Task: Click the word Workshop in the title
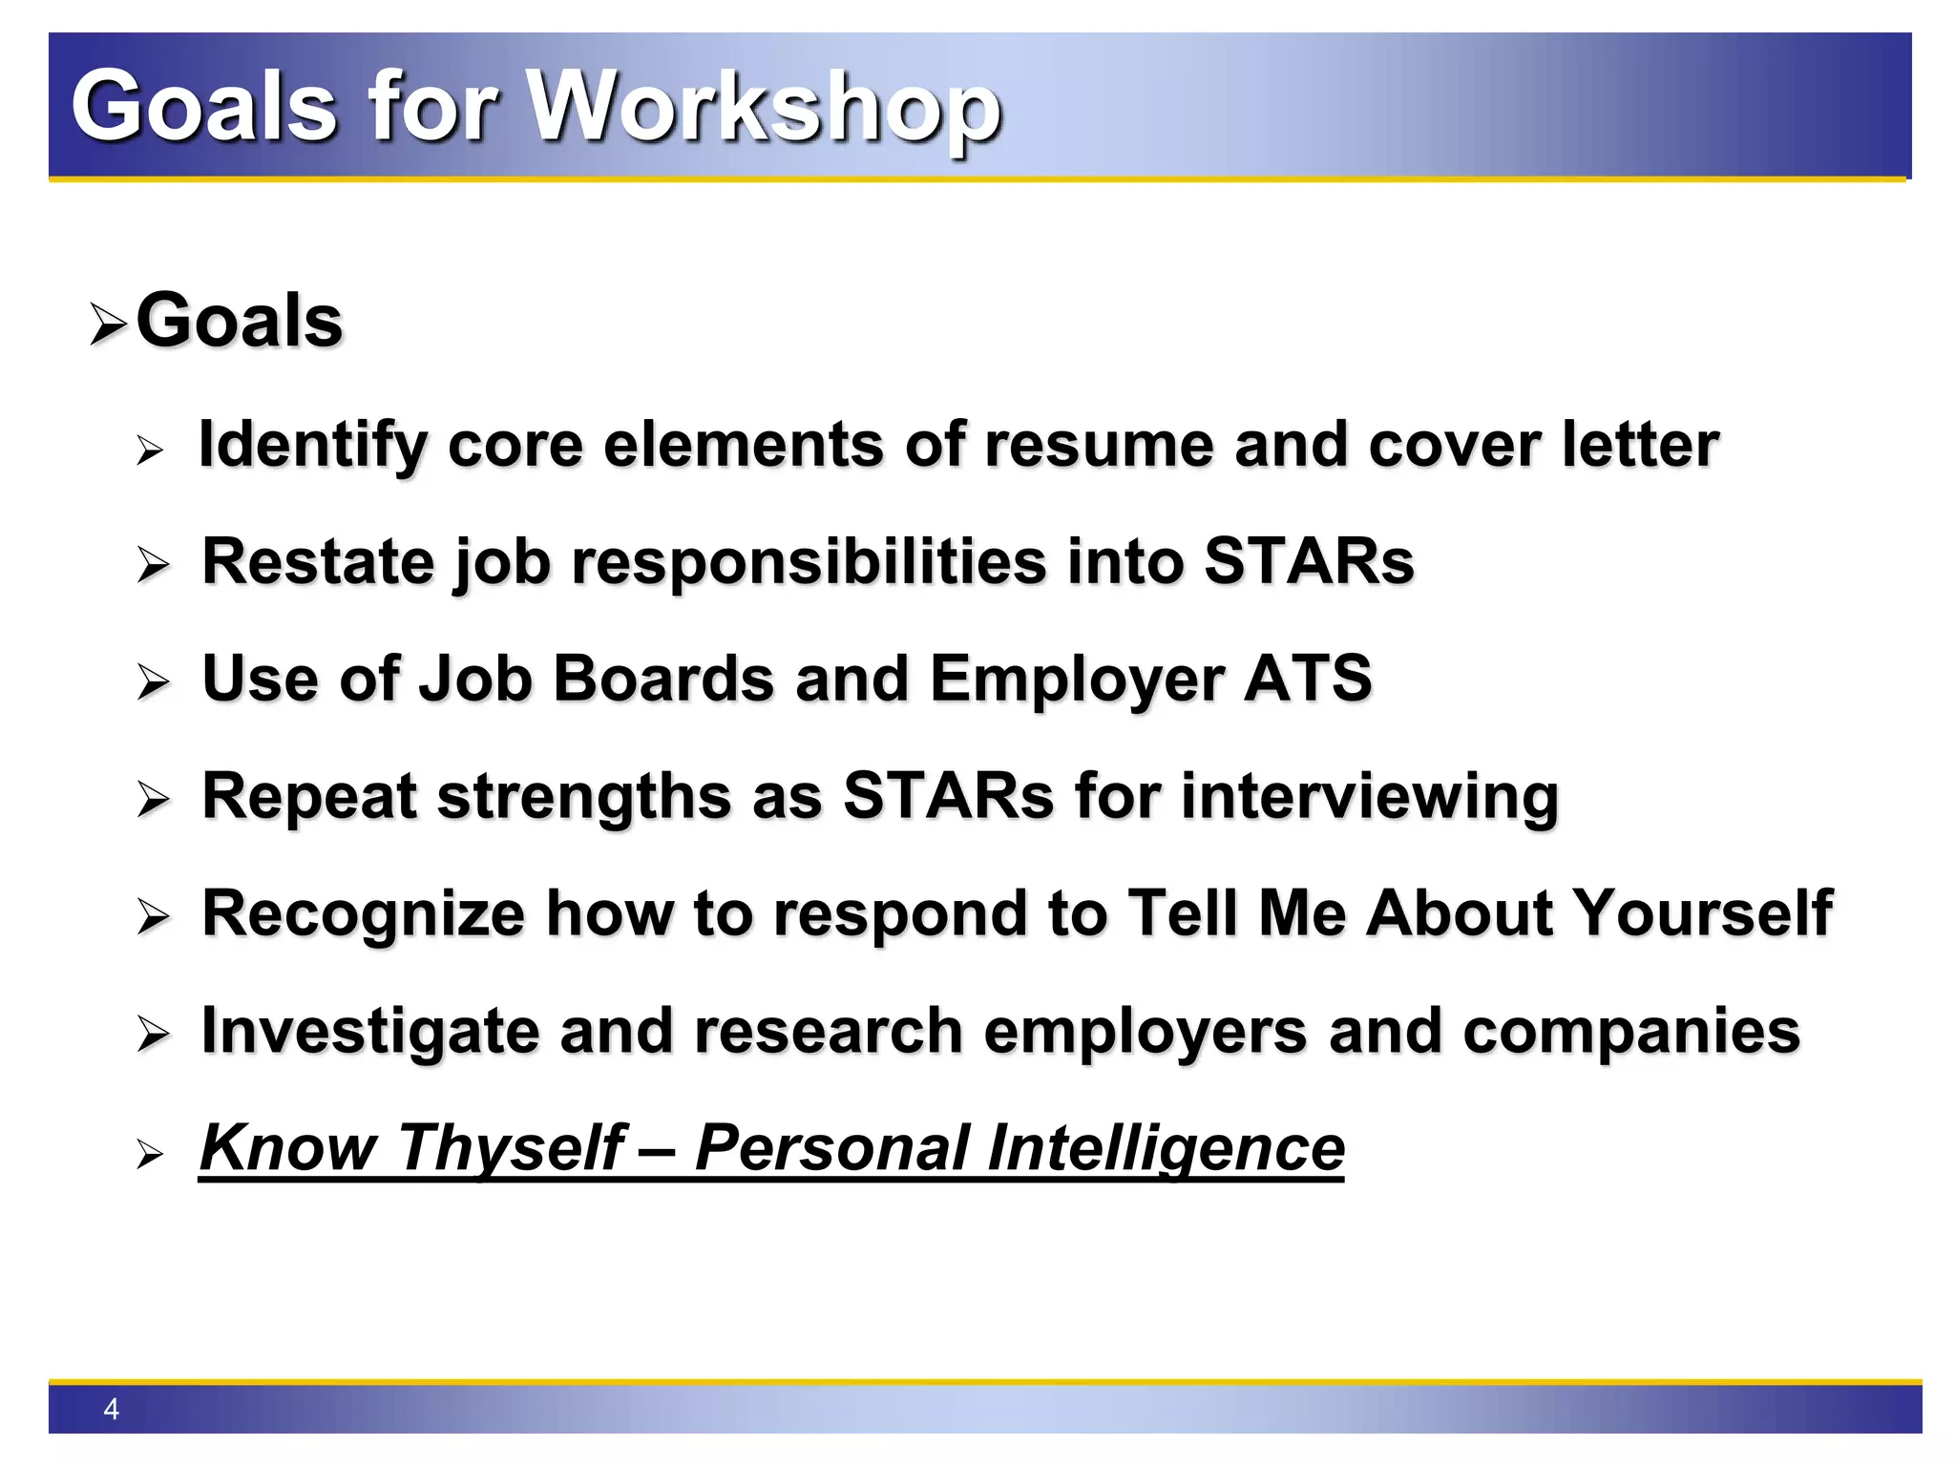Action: [x=764, y=107]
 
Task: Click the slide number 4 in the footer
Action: [x=111, y=1409]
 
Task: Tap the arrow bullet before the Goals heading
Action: [x=108, y=325]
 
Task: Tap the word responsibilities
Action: [x=808, y=562]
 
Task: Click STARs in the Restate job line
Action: [x=1308, y=562]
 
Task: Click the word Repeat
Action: [x=308, y=797]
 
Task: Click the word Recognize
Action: [x=363, y=913]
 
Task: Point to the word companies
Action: [x=1630, y=1032]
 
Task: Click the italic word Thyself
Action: [x=511, y=1148]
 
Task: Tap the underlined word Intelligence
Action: [x=1165, y=1148]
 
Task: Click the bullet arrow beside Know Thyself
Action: [x=150, y=1155]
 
